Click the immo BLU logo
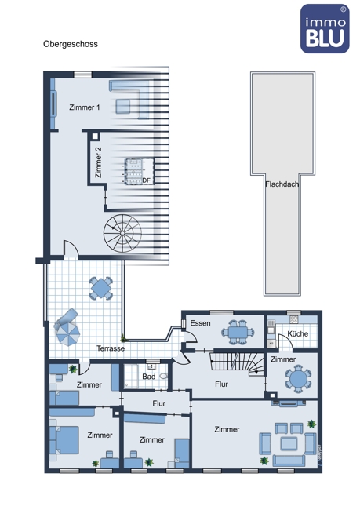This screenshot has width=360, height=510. click(325, 28)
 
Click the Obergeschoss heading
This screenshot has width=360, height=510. click(71, 44)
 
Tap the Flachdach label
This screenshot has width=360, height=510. click(282, 184)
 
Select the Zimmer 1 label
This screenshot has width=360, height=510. click(85, 107)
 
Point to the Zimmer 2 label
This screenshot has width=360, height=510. click(98, 162)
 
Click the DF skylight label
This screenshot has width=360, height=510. click(147, 180)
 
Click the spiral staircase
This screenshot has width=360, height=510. click(122, 233)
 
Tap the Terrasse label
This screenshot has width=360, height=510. click(111, 348)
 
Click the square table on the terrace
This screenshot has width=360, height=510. click(101, 288)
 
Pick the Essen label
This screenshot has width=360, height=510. click(200, 323)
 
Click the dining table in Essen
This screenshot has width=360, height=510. click(238, 332)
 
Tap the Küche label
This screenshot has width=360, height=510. click(298, 333)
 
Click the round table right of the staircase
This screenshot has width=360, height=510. click(298, 379)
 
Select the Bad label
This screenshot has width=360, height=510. click(148, 377)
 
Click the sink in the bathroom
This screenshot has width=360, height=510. click(151, 367)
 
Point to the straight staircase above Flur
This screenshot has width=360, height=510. click(237, 364)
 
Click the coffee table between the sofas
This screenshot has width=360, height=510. click(289, 443)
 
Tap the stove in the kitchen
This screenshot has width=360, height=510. click(294, 319)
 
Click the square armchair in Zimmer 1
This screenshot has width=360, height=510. click(123, 107)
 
